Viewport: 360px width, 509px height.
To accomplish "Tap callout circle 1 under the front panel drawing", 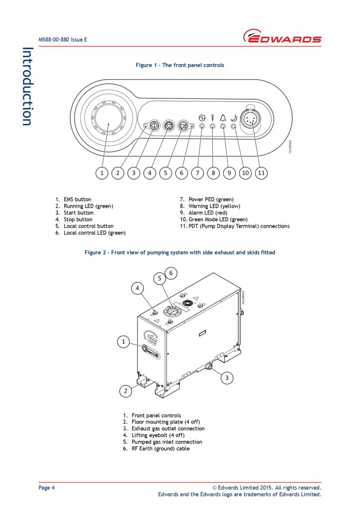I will pyautogui.click(x=101, y=172).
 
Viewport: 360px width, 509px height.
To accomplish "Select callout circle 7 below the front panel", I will pyautogui.click(x=197, y=172).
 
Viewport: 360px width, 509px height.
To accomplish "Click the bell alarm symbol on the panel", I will pyautogui.click(x=223, y=117).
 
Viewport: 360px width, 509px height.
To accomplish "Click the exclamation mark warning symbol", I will pyautogui.click(x=212, y=117).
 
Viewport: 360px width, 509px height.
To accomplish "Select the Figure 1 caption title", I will pyautogui.click(x=180, y=65).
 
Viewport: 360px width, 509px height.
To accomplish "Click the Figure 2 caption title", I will pyautogui.click(x=180, y=253).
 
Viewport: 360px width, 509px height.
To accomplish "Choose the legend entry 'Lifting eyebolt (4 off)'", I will pyautogui.click(x=158, y=435).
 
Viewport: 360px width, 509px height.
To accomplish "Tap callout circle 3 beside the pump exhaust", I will pyautogui.click(x=227, y=378).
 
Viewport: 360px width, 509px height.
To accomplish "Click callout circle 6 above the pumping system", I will pyautogui.click(x=171, y=272).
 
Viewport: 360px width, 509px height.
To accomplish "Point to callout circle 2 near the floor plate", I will pyautogui.click(x=126, y=391).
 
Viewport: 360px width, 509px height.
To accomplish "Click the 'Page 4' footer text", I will pyautogui.click(x=47, y=488).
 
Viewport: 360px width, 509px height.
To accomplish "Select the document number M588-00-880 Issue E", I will pyautogui.click(x=63, y=39).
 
